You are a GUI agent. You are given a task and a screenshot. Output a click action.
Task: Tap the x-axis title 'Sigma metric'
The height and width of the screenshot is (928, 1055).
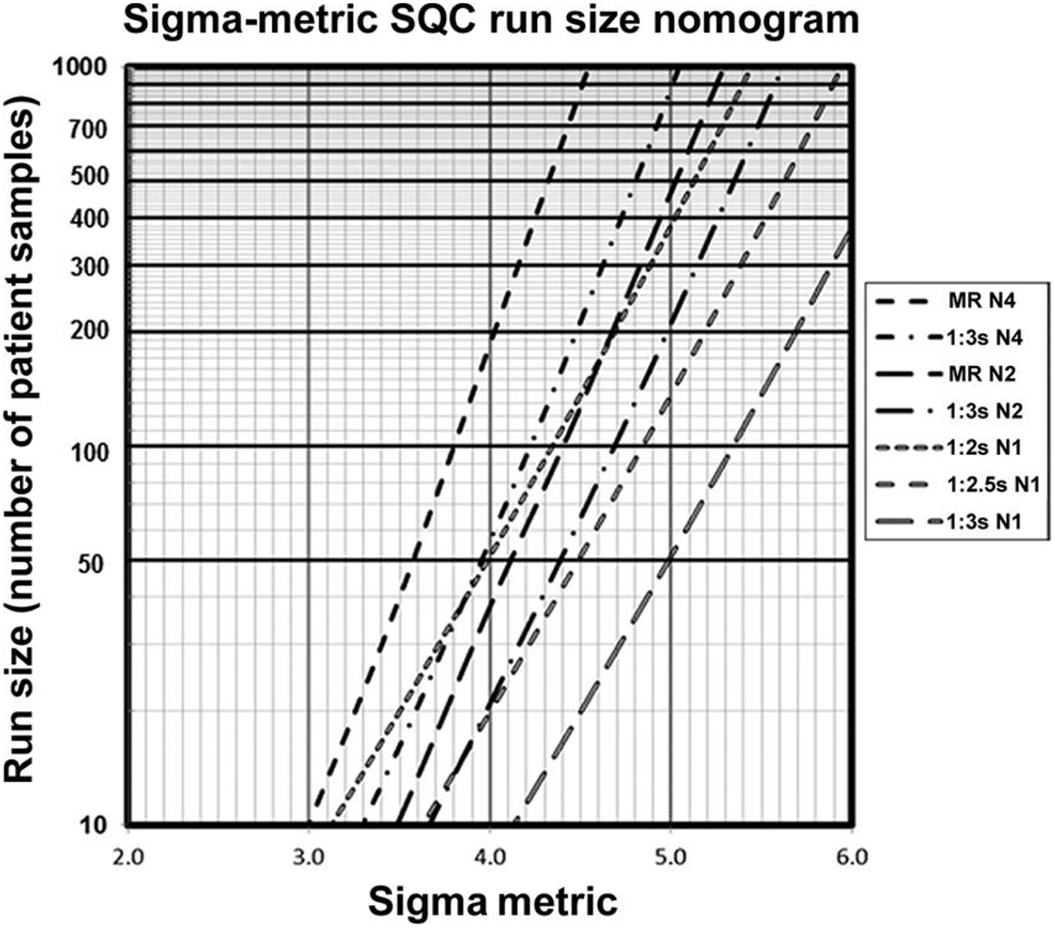coord(492,902)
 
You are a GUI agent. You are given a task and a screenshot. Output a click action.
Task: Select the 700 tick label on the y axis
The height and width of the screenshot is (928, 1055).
coord(90,128)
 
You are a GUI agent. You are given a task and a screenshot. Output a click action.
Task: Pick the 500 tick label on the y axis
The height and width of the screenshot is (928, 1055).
coord(90,176)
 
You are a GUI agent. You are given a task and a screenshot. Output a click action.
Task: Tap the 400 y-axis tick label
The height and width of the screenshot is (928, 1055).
coord(90,218)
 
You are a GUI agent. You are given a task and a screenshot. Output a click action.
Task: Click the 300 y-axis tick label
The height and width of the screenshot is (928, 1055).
coord(90,266)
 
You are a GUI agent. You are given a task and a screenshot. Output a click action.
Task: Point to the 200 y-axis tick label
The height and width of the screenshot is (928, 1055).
coord(90,331)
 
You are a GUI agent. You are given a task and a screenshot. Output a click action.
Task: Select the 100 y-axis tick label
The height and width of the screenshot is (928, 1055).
coord(90,452)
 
